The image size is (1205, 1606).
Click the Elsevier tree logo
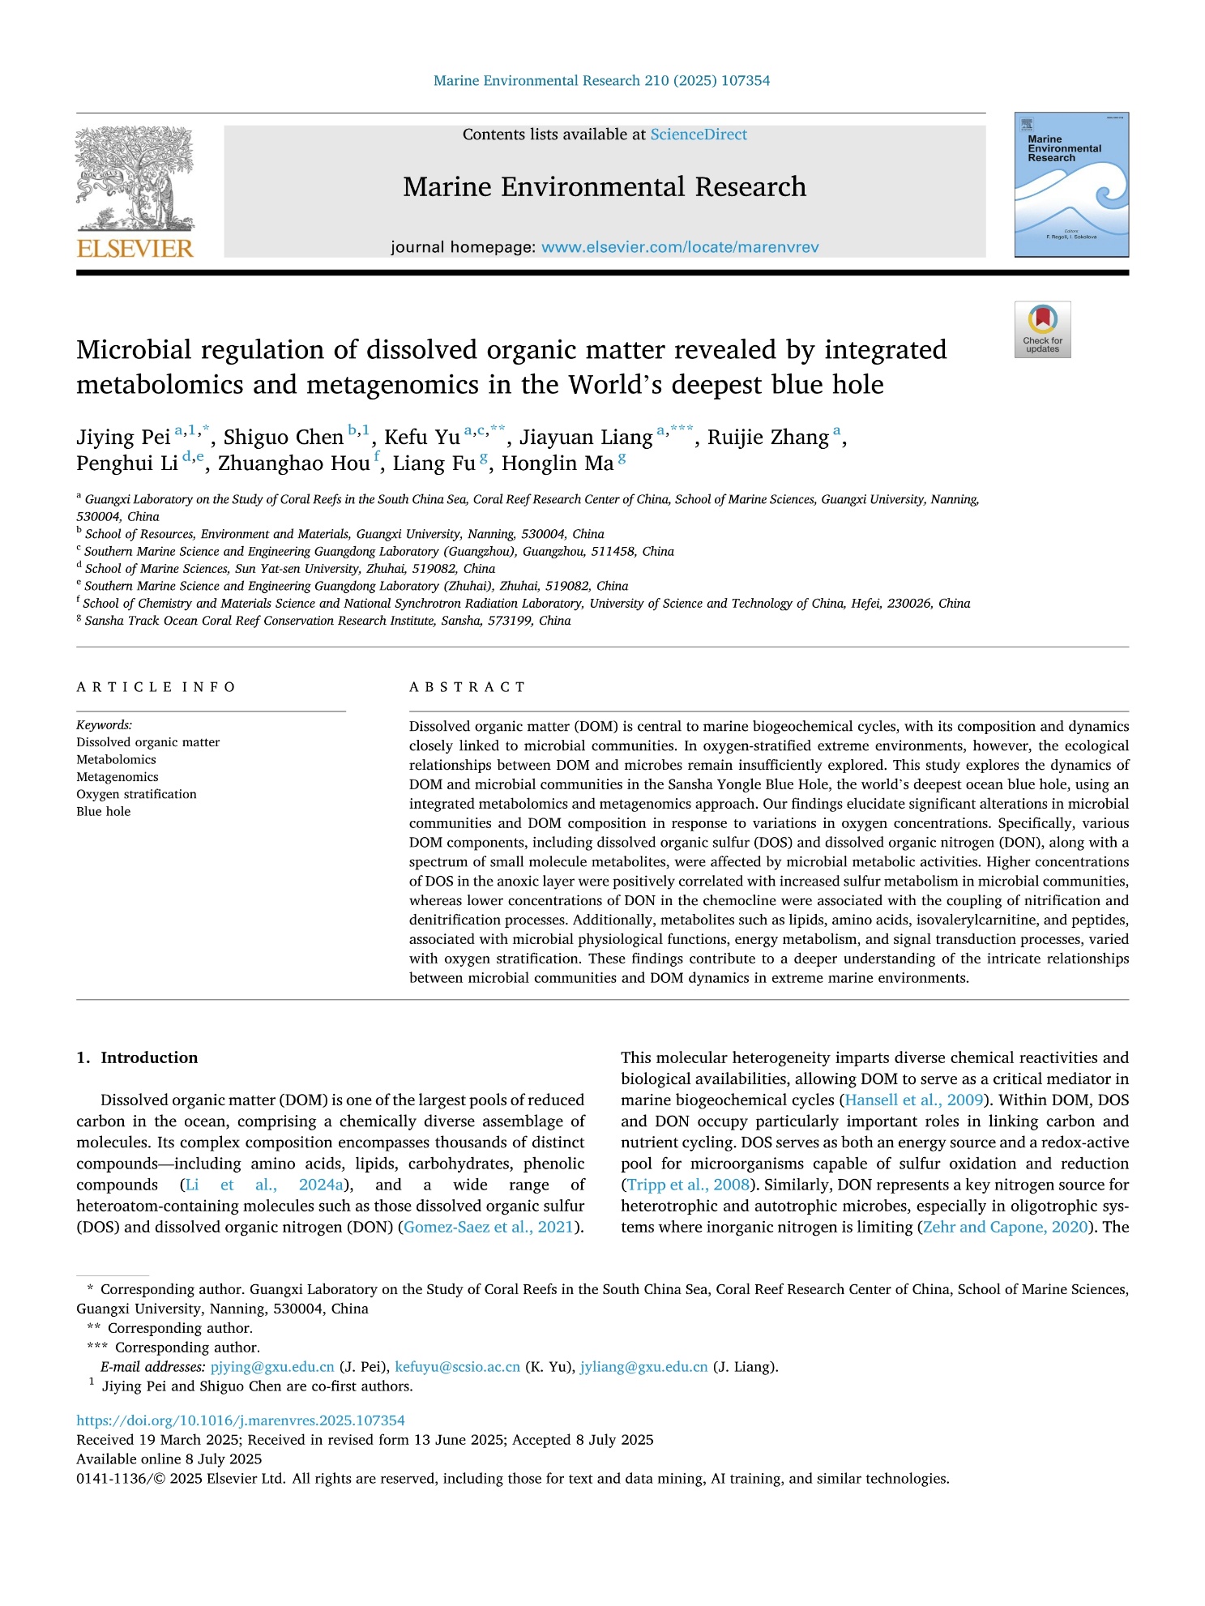(x=135, y=178)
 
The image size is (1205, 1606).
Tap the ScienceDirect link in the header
(x=699, y=135)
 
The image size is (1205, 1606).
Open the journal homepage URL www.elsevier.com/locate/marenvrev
(x=680, y=247)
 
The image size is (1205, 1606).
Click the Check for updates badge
(x=1042, y=329)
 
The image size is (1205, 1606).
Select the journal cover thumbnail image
(x=1071, y=185)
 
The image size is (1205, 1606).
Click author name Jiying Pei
(x=123, y=437)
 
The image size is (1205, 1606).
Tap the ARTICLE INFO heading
(x=156, y=687)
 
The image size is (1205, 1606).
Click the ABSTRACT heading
(x=467, y=687)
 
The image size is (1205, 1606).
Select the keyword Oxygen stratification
(x=136, y=794)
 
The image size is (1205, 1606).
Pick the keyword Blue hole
(x=103, y=811)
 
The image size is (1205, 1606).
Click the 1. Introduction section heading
(x=137, y=1057)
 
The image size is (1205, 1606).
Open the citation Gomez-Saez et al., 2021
(x=489, y=1227)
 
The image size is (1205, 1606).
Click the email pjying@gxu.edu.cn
(x=272, y=1367)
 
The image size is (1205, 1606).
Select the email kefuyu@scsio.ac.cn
(x=457, y=1367)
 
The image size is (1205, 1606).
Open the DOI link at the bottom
(x=241, y=1420)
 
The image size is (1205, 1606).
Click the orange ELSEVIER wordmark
(x=135, y=249)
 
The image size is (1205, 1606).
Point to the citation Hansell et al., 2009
(x=914, y=1100)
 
